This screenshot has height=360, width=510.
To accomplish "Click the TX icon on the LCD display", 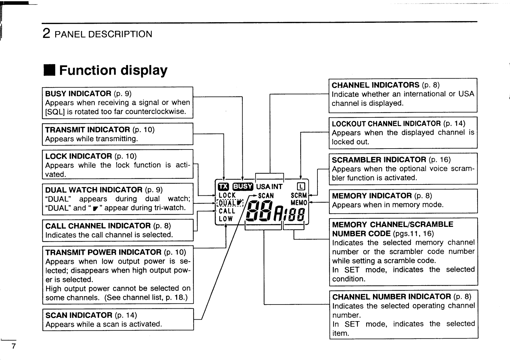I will point(223,187).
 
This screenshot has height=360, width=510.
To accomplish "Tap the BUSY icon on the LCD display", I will point(243,187).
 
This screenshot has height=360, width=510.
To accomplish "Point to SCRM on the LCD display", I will point(299,195).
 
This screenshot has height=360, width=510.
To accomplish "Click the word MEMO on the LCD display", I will point(299,203).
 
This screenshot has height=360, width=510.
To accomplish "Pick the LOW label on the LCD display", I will point(226,219).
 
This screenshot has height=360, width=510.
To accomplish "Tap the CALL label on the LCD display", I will point(227,211).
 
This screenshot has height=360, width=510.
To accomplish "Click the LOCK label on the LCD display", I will point(227,195).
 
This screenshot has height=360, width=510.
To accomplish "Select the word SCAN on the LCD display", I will point(266,196).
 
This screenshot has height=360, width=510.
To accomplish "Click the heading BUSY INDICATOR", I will point(78,94).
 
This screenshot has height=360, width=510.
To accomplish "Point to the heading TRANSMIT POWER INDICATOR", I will point(103,252).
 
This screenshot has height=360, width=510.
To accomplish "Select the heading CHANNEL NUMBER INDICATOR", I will point(392,296).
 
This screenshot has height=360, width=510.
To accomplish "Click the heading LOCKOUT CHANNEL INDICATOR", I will point(386,124).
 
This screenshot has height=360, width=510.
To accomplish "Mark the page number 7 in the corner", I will point(13,347).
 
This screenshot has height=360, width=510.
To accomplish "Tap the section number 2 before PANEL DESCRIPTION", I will point(46,34).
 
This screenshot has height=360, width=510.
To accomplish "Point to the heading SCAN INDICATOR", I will point(79,315).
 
